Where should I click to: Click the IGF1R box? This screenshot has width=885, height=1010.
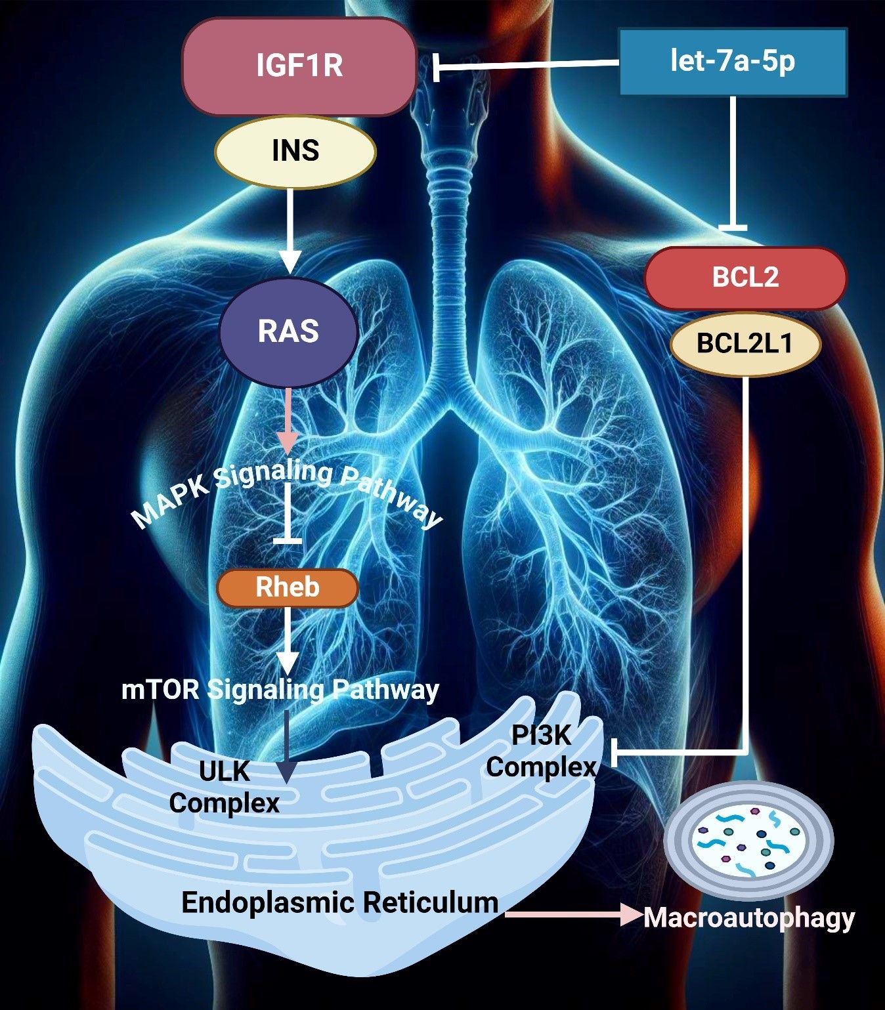pyautogui.click(x=299, y=66)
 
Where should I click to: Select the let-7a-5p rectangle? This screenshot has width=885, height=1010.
pyautogui.click(x=733, y=62)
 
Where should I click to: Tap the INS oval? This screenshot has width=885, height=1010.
pyautogui.click(x=295, y=151)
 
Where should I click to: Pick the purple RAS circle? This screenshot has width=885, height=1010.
pyautogui.click(x=288, y=331)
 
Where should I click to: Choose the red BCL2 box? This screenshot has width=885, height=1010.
pyautogui.click(x=745, y=278)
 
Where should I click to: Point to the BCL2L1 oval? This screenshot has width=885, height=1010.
pyautogui.click(x=745, y=343)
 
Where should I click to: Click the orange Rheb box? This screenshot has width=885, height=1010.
pyautogui.click(x=288, y=587)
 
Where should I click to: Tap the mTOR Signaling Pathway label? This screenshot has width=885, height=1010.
pyautogui.click(x=280, y=690)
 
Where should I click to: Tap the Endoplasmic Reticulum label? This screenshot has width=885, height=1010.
pyautogui.click(x=339, y=902)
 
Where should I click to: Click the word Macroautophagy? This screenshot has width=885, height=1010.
pyautogui.click(x=748, y=917)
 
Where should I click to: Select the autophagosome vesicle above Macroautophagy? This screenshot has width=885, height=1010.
pyautogui.click(x=748, y=841)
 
